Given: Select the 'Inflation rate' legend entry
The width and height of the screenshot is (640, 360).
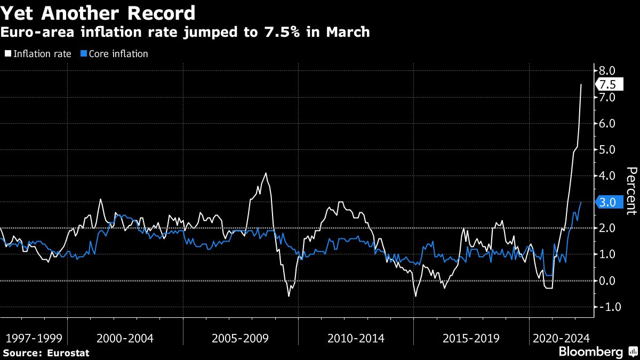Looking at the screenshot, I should click(40, 54).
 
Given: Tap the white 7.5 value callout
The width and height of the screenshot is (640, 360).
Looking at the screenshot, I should click(607, 85).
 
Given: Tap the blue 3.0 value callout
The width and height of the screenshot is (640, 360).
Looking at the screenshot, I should click(607, 202).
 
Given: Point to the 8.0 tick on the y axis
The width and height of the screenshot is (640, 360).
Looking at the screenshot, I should click(607, 71).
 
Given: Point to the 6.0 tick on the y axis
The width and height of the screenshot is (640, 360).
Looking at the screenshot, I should click(607, 123).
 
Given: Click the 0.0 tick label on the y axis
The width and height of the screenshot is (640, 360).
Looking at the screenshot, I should click(607, 281).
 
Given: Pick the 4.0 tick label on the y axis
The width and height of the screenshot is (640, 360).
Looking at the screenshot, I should click(607, 176).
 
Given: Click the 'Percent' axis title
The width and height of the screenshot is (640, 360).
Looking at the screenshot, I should click(631, 190).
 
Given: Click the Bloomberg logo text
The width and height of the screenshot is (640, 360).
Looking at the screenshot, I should click(590, 351).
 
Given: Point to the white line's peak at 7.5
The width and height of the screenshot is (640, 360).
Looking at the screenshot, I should click(581, 84).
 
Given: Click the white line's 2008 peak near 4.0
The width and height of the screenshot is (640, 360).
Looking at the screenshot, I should click(266, 173).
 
